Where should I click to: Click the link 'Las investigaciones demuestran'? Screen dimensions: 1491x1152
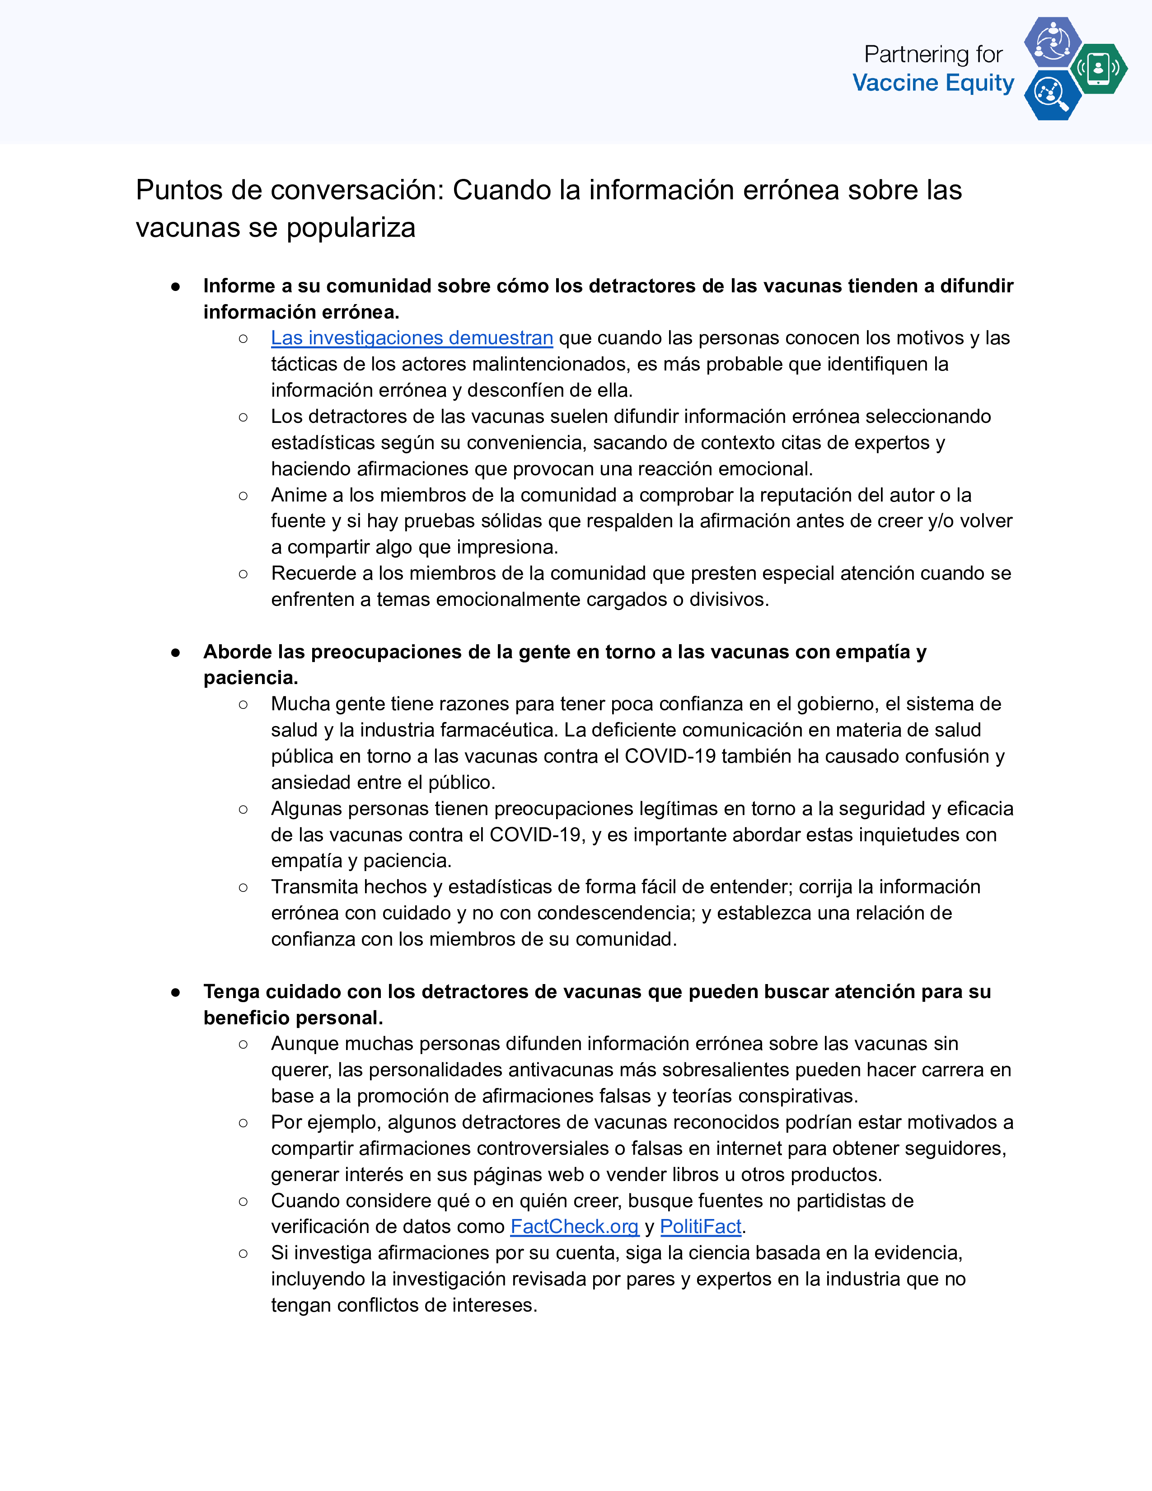tap(412, 338)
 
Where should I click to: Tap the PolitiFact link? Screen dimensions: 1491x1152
tap(700, 1227)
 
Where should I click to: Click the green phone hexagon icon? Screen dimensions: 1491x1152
tap(1098, 68)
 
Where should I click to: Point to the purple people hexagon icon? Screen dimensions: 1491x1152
tap(1052, 42)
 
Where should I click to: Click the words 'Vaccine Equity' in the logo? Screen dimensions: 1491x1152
tap(933, 83)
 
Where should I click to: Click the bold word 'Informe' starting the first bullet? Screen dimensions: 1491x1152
tap(239, 286)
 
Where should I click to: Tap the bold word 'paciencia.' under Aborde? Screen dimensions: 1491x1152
tap(250, 678)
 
